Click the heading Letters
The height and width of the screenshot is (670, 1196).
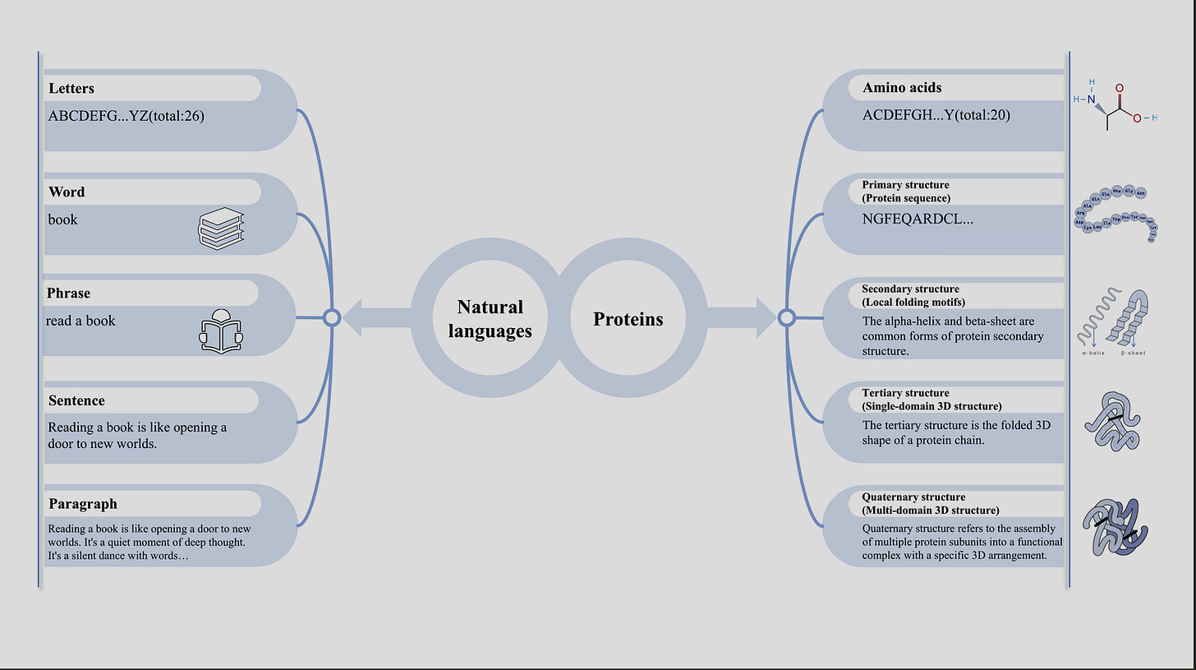pos(71,88)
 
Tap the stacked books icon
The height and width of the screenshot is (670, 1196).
pos(222,229)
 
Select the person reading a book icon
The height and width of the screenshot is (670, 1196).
pos(221,330)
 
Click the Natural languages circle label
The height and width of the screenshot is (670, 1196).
pos(490,318)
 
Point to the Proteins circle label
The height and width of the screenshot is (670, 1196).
pos(628,319)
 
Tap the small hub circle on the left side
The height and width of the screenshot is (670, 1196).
pos(332,318)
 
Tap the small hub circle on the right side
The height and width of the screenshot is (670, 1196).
pos(786,318)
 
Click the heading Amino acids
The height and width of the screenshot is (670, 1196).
pos(902,87)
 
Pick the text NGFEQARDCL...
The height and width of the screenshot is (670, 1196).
pos(918,219)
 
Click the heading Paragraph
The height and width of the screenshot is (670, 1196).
pos(82,504)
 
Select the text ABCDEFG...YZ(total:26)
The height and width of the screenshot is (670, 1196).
pos(126,116)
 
